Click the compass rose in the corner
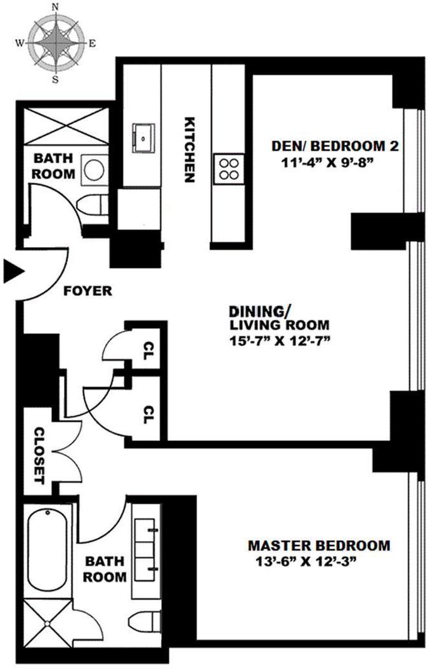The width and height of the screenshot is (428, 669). coord(55,43)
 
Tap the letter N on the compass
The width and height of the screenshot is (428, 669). coord(55,7)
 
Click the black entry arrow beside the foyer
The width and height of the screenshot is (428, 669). coord(13,271)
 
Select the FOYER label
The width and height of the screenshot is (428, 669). coord(88,291)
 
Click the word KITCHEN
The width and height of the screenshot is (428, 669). coord(188,150)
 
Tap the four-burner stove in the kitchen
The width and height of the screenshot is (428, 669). coord(228,169)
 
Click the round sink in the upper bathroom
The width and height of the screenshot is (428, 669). coord(96,169)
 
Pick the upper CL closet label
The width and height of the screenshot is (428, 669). coord(148,348)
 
